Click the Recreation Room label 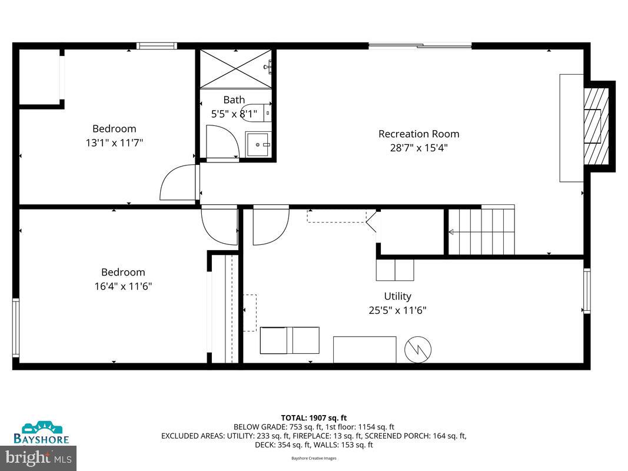pyautogui.click(x=418, y=134)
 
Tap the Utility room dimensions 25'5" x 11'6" pyautogui.click(x=397, y=310)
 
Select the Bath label pyautogui.click(x=234, y=99)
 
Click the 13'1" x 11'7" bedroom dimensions pyautogui.click(x=114, y=142)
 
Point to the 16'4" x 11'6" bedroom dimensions pyautogui.click(x=122, y=286)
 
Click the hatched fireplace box pyautogui.click(x=595, y=126)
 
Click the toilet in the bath pyautogui.click(x=258, y=112)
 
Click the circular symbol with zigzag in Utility pyautogui.click(x=417, y=350)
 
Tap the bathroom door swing pyautogui.click(x=222, y=142)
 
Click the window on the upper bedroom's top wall pyautogui.click(x=157, y=45)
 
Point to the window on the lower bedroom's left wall pyautogui.click(x=16, y=327)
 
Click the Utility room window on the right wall pyautogui.click(x=586, y=290)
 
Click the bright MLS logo pyautogui.click(x=39, y=457)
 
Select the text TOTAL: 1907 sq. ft pyautogui.click(x=314, y=418)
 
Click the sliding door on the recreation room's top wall pyautogui.click(x=420, y=45)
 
